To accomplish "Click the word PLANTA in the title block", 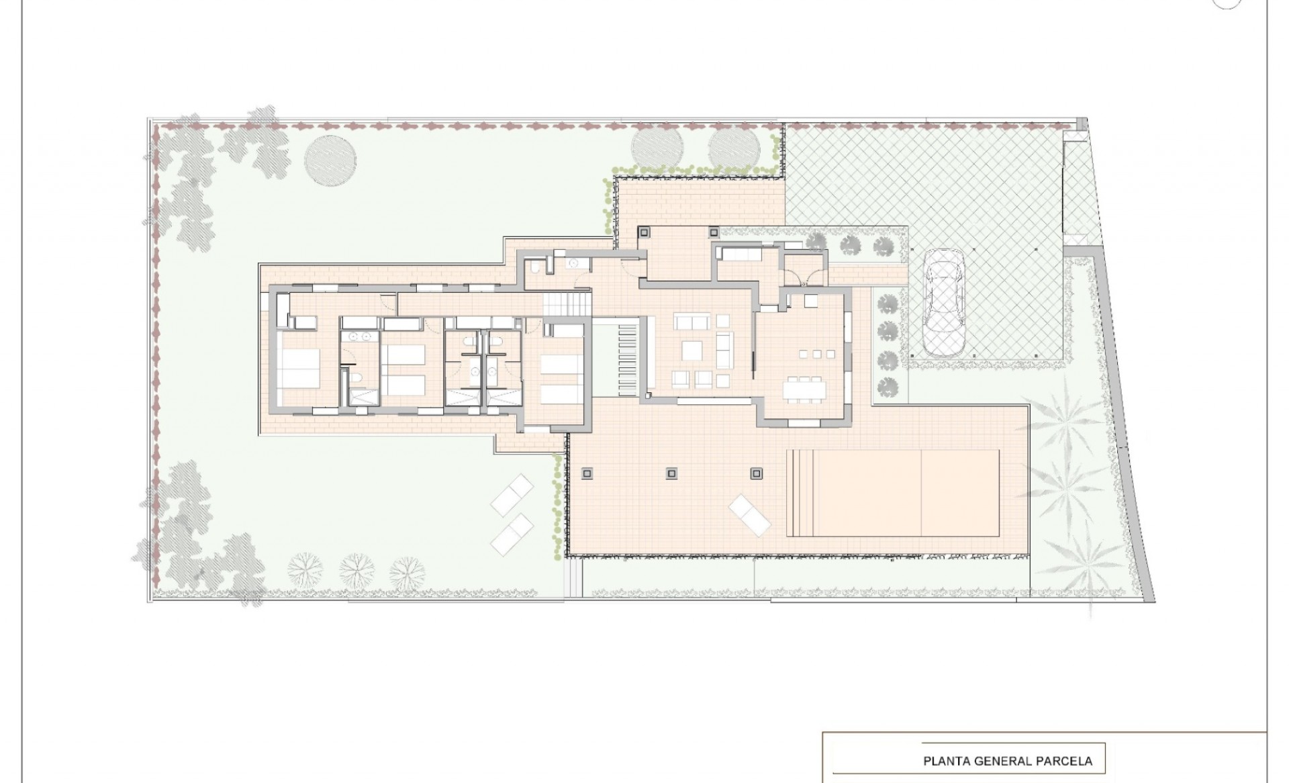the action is click(946, 761).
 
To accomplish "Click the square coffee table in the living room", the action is click(692, 351).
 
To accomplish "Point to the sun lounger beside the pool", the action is click(751, 515).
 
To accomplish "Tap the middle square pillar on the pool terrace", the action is click(671, 473).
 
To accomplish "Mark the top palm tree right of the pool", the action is click(1063, 410).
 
